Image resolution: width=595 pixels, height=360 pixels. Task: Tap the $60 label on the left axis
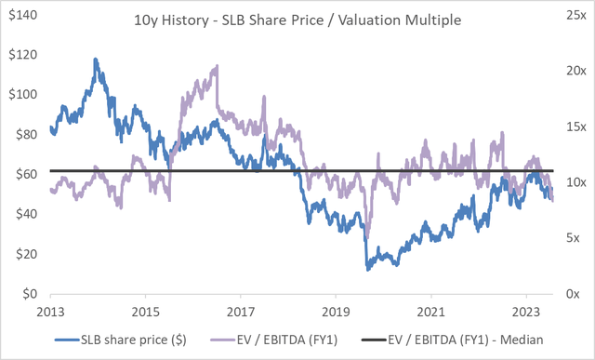pos(22,174)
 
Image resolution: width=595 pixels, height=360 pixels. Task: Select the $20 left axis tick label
pos(22,254)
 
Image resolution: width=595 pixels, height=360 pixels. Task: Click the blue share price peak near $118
pos(96,59)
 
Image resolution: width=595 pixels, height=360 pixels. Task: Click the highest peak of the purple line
pos(217,66)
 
